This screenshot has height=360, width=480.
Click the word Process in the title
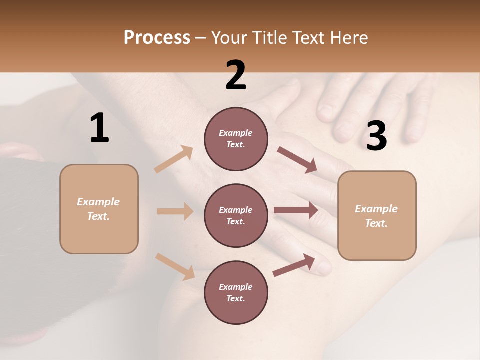click(x=157, y=38)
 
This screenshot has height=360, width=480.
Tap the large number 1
click(x=99, y=128)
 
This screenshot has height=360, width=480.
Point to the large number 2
click(x=236, y=75)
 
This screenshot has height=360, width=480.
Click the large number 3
click(x=376, y=136)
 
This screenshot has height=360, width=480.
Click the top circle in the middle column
click(x=236, y=139)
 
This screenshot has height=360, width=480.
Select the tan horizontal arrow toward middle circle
click(x=175, y=211)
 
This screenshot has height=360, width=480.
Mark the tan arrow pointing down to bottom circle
click(x=175, y=266)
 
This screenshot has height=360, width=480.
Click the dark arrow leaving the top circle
click(x=297, y=160)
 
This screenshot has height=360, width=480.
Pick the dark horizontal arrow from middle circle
click(x=295, y=210)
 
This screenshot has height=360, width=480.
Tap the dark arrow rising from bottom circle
click(x=294, y=265)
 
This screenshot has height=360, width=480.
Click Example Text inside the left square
click(x=98, y=209)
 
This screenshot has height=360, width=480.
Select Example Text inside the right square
click(x=376, y=216)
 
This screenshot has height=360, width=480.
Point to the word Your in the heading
click(x=230, y=38)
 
